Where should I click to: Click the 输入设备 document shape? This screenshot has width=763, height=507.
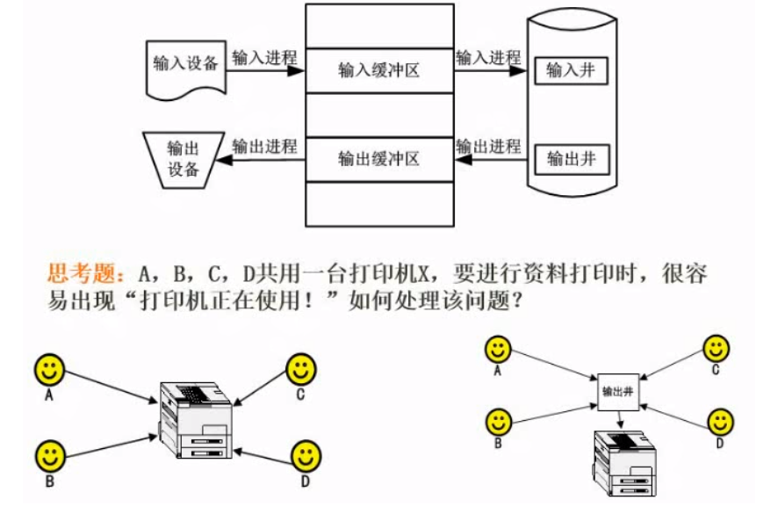coord(185,67)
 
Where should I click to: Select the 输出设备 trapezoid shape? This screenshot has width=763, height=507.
coord(184,159)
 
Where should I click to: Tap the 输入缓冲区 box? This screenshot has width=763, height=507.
coord(378,70)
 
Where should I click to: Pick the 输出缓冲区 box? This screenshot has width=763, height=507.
coord(378,159)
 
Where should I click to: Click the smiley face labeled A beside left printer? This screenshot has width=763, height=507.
coord(50,369)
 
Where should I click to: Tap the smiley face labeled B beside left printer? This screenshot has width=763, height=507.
coord(50,456)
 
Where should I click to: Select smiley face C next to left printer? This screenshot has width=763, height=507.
coord(300,368)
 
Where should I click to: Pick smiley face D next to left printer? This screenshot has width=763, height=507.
coord(305,456)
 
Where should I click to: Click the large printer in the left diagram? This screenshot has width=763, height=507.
coord(194,422)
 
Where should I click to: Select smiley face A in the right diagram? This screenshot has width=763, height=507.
coord(499,350)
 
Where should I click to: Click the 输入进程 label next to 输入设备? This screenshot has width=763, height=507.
coord(264,58)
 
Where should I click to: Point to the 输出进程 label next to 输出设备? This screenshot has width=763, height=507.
coord(264,146)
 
